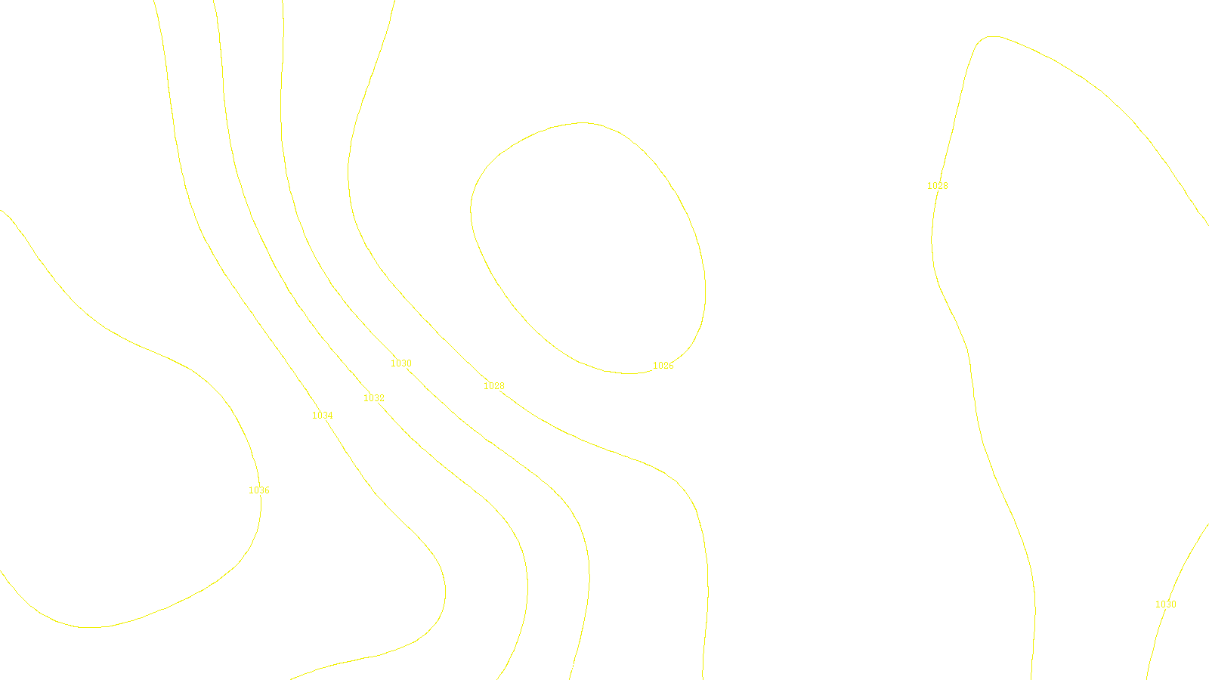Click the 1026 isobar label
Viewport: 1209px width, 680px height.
663,366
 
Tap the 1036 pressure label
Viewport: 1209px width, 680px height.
258,490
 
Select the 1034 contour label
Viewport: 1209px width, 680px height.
322,416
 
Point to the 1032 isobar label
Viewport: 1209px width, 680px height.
373,398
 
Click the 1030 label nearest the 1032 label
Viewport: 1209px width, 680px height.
400,363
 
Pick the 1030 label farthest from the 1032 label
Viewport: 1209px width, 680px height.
1165,604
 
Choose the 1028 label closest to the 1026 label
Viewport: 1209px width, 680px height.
493,386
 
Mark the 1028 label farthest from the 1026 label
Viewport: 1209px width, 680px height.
937,186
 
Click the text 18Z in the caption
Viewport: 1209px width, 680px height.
573,668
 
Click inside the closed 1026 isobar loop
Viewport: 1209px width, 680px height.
589,249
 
